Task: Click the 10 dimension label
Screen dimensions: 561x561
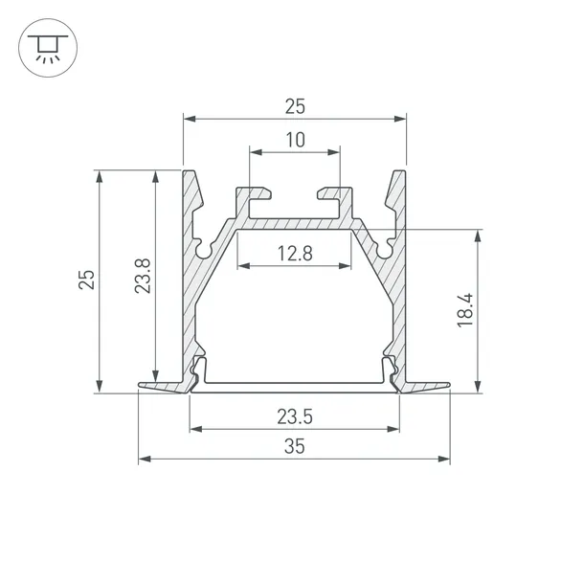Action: click(x=294, y=140)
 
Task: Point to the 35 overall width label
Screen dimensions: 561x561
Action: click(x=294, y=447)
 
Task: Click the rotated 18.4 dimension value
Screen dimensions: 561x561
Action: click(x=464, y=312)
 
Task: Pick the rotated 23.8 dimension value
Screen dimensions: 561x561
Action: click(x=142, y=279)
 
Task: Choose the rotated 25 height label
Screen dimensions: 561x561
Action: click(x=86, y=280)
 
